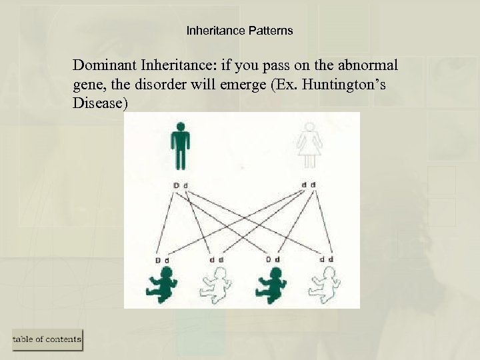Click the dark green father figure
coord(180,146)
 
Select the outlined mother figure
coord(309,146)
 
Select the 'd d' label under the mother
coord(308,184)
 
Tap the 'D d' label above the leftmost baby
coord(162,259)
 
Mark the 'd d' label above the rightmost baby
coord(326,259)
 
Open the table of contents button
coord(47,339)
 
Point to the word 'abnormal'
coord(368,66)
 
